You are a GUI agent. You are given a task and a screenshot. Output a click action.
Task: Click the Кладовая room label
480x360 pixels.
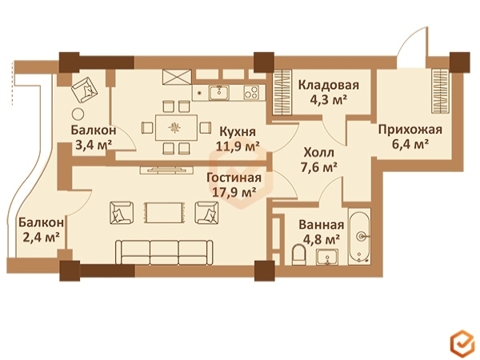[x=328, y=85]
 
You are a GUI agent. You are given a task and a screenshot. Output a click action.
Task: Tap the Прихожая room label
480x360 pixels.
[x=410, y=130]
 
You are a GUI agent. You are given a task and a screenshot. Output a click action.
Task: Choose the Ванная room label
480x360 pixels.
[x=324, y=225]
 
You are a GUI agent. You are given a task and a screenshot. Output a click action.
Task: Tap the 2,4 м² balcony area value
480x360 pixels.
[x=39, y=237]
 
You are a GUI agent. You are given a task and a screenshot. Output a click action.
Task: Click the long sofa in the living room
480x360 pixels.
[x=164, y=251]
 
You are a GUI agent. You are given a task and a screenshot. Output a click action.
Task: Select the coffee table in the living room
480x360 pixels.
[x=163, y=212]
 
